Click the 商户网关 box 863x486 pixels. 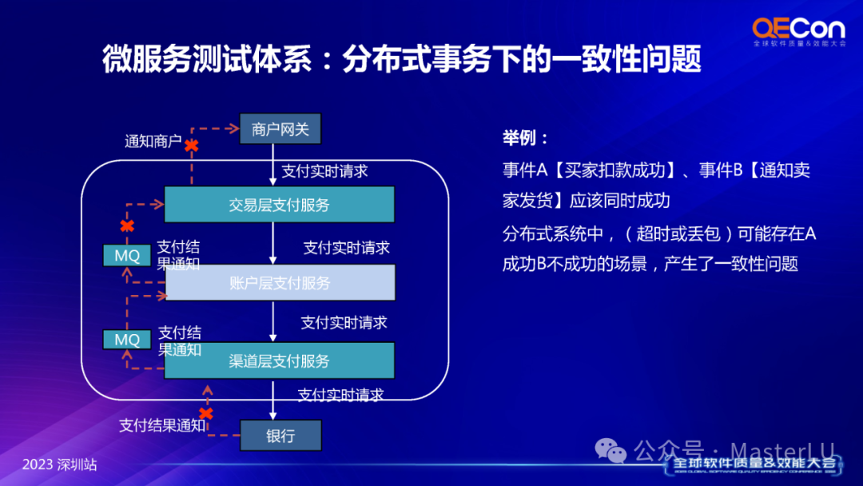click(280, 129)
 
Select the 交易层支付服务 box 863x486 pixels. click(279, 205)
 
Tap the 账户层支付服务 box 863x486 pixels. click(279, 283)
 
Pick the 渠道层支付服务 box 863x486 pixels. click(279, 361)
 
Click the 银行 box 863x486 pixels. click(280, 436)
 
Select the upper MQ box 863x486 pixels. click(127, 255)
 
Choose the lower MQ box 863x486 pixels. click(127, 340)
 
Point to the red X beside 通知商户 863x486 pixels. click(192, 145)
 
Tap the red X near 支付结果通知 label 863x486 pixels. click(206, 413)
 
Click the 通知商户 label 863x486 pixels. click(153, 141)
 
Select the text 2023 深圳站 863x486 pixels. click(59, 464)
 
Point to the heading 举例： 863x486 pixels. click(526, 137)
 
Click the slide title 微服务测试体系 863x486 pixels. click(207, 60)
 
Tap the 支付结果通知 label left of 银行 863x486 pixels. click(161, 425)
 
